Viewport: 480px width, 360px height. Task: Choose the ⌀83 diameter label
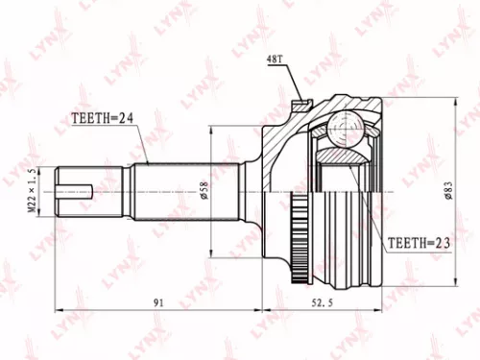(x=448, y=189)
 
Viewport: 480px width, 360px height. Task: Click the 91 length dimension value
(x=158, y=302)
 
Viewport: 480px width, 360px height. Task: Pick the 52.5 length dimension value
(x=321, y=302)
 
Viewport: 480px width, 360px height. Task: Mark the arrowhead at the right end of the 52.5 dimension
(x=379, y=311)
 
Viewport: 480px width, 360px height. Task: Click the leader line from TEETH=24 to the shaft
(x=144, y=144)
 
